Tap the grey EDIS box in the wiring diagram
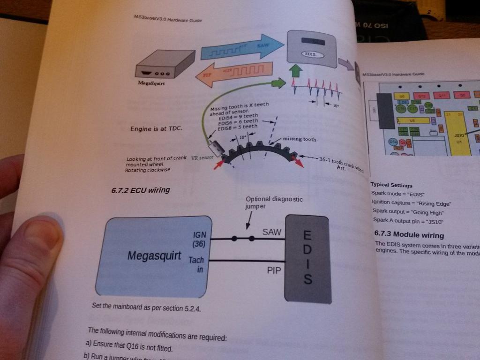pyautogui.click(x=308, y=259)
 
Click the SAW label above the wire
pyautogui.click(x=271, y=232)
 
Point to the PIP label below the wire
pyautogui.click(x=274, y=270)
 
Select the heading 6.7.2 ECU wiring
pyautogui.click(x=141, y=190)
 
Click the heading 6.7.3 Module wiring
pyautogui.click(x=409, y=234)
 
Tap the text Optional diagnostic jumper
pyautogui.click(x=274, y=202)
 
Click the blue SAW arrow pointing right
pyautogui.click(x=242, y=49)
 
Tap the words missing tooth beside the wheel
pyautogui.click(x=300, y=139)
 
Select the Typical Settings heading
pyautogui.click(x=391, y=185)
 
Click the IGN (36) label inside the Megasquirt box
pyautogui.click(x=199, y=239)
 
